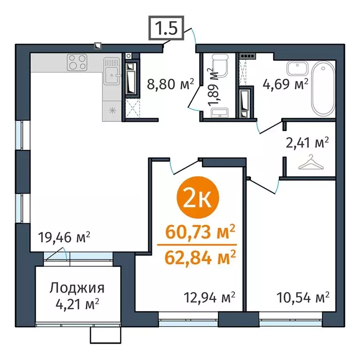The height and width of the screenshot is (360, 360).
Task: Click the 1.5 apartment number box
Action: [165, 29]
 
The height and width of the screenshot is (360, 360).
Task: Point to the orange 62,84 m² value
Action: [200, 257]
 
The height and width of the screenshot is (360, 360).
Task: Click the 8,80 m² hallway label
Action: [164, 85]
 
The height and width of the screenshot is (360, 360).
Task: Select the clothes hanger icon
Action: [310, 164]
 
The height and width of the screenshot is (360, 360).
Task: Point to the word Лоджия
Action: [77, 288]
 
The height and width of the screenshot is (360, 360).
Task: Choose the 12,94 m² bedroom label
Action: [209, 297]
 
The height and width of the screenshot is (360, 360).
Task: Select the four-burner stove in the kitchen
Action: [78, 62]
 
